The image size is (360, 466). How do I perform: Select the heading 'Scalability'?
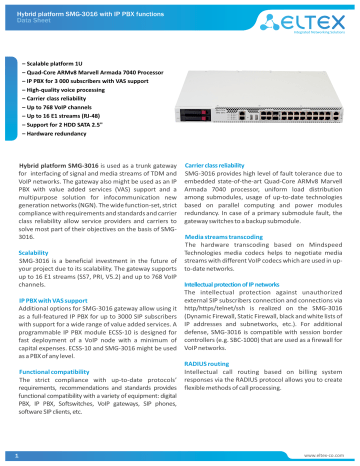[36, 254]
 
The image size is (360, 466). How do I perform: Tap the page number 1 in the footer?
[17, 455]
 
